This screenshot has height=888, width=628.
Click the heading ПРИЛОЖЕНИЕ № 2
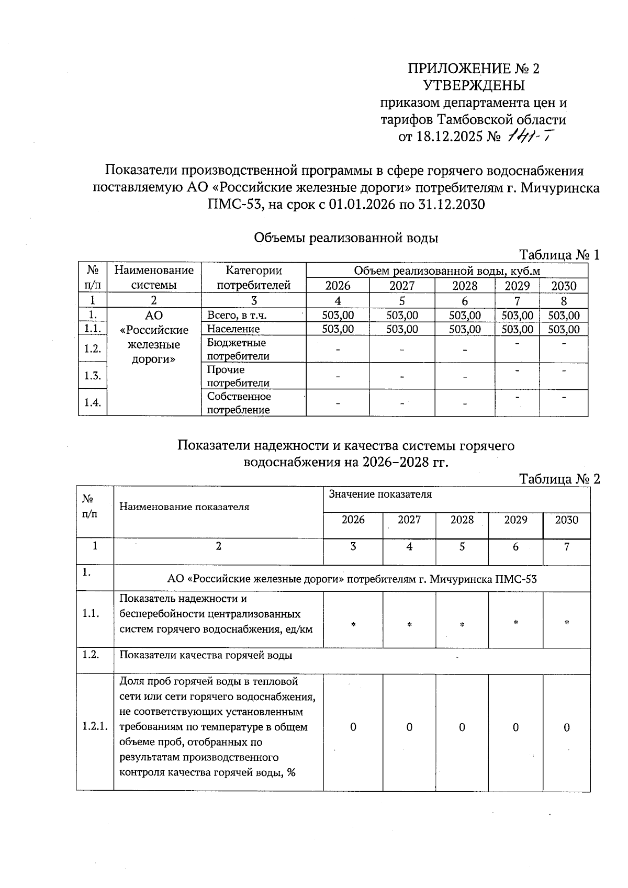[x=473, y=69]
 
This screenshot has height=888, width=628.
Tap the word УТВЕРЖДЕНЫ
[x=473, y=85]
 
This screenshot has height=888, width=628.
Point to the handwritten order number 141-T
[x=529, y=137]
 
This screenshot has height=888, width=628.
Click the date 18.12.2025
[x=450, y=137]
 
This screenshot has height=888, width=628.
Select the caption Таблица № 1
[x=558, y=255]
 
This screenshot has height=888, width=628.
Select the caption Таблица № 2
[x=558, y=479]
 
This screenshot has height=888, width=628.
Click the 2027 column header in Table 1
[x=401, y=286]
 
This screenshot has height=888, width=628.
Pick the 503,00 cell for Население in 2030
[x=564, y=329]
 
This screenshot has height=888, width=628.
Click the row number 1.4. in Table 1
[x=93, y=402]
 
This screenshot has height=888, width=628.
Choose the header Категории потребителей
[x=253, y=278]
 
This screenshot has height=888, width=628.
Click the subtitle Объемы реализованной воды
[x=345, y=238]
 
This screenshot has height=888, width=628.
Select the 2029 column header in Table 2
[x=515, y=520]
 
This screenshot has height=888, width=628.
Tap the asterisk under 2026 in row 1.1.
[x=353, y=625]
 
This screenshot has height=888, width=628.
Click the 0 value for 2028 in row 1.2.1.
[x=462, y=727]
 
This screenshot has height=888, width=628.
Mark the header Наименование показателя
[x=184, y=507]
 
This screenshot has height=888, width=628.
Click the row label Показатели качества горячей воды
[x=206, y=655]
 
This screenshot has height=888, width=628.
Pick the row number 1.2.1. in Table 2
[x=95, y=727]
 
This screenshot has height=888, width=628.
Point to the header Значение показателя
[x=380, y=494]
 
